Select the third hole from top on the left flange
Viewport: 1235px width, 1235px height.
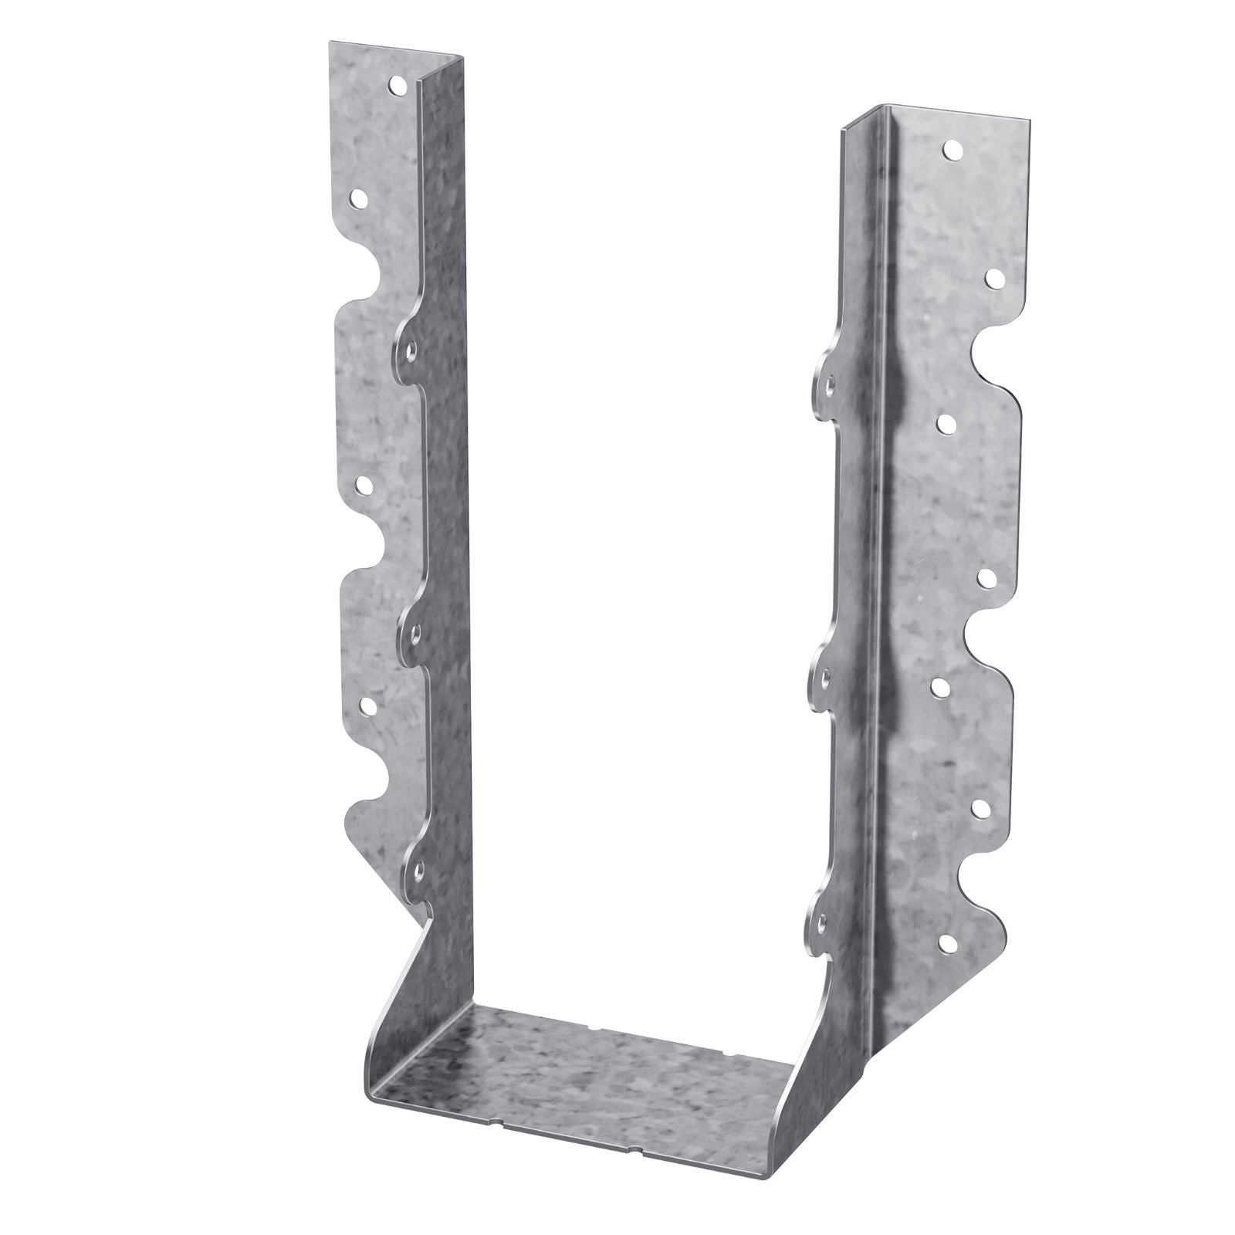pos(361,485)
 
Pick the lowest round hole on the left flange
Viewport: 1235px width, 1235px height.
pos(367,704)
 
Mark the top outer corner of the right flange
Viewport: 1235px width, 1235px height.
pos(1029,120)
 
